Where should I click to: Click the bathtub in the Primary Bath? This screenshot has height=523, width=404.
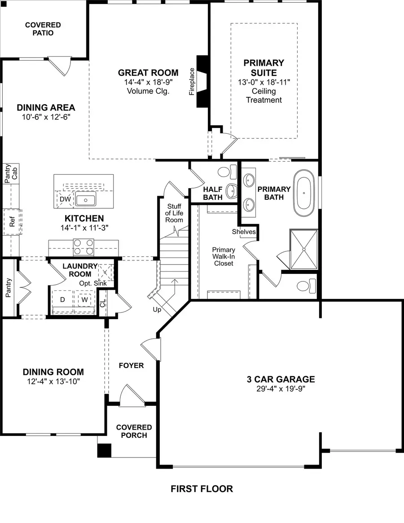tap(305, 194)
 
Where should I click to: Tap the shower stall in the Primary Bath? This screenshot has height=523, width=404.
tap(304, 249)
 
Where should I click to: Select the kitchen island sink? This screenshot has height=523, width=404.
tap(85, 199)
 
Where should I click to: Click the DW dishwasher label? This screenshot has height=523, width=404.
tap(65, 199)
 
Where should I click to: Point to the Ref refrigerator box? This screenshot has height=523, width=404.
tap(12, 222)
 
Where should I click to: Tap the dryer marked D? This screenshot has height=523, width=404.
tap(63, 299)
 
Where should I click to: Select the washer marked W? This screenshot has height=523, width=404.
tap(84, 299)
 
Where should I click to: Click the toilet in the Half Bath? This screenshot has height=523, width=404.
tap(227, 171)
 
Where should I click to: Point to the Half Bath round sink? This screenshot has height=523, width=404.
tap(232, 190)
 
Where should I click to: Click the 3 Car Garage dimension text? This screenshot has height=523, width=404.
tap(281, 389)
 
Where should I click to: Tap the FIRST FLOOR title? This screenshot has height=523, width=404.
tap(202, 489)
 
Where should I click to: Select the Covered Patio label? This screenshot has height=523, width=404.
tap(43, 29)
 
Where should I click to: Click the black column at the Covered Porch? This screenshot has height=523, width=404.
tap(104, 450)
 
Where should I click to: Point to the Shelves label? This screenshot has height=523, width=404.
tap(244, 232)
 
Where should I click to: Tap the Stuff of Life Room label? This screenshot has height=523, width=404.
tap(174, 213)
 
